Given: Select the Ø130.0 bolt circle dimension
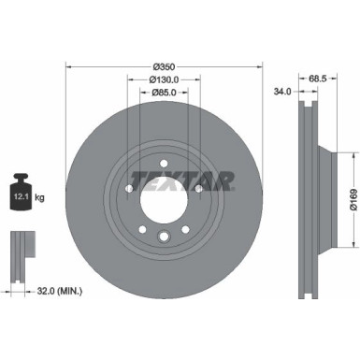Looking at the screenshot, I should pyautogui.click(x=165, y=80).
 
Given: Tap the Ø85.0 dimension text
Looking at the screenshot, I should pyautogui.click(x=165, y=93).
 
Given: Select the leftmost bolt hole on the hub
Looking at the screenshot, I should pyautogui.click(x=126, y=188).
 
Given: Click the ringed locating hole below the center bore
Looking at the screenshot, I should pyautogui.click(x=164, y=238).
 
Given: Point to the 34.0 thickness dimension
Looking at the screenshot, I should pyautogui.click(x=281, y=92).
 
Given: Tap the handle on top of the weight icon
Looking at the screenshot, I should pyautogui.click(x=22, y=175).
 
